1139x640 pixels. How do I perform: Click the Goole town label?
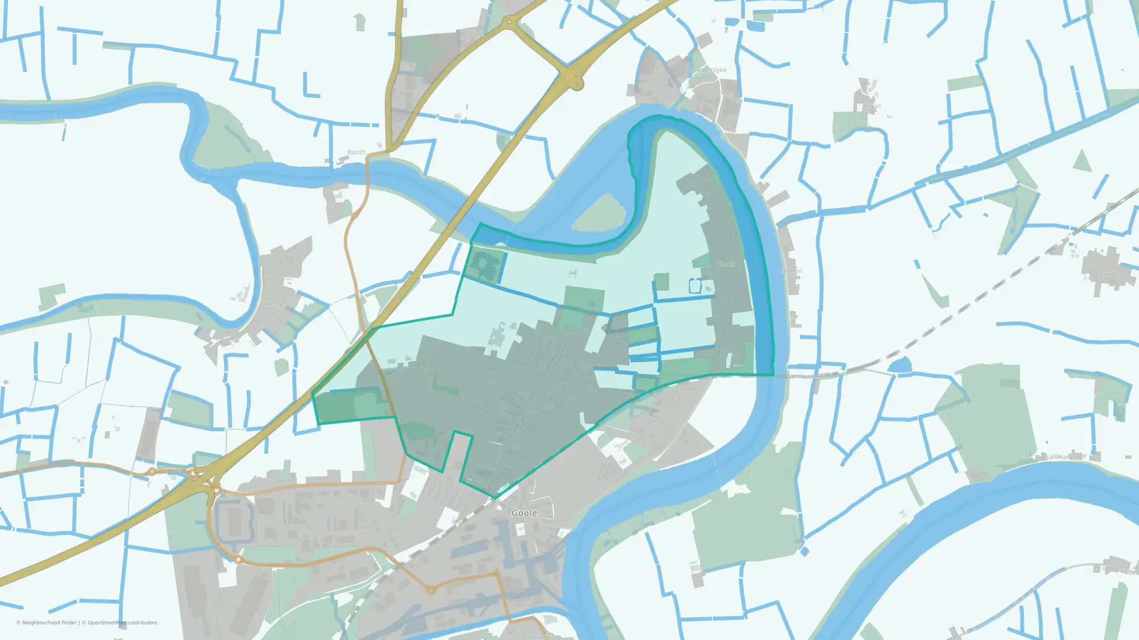[x=524, y=513]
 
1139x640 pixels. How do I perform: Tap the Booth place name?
[x=357, y=152]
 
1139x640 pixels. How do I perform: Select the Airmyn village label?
[x=276, y=304]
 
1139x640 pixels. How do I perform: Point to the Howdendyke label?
[x=707, y=70]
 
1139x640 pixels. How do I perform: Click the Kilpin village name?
[x=872, y=106]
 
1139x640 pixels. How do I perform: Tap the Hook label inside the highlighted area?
[x=727, y=264]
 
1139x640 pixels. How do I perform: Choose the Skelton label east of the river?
[x=792, y=271]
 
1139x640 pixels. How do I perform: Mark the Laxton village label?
[x=1111, y=274]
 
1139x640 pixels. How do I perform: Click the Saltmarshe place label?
[x=1063, y=457]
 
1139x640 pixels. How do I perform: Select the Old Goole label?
[x=535, y=636]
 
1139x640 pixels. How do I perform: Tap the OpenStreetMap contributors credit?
[x=122, y=623]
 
